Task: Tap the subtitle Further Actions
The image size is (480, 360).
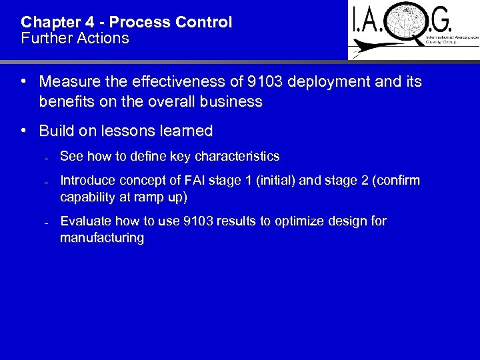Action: pos(75,38)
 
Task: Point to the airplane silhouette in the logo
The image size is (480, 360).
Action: pos(363,49)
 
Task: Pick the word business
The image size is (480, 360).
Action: pos(230,101)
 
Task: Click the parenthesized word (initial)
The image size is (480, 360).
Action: pos(289,181)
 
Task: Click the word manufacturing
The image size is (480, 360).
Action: pos(101,238)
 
